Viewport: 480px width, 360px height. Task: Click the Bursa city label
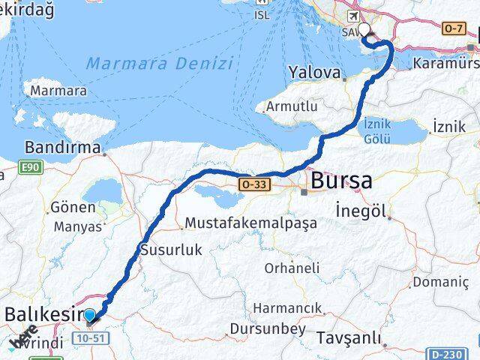(x=341, y=181)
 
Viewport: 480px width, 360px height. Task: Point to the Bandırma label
(x=63, y=147)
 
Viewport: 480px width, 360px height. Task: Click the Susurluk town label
(x=171, y=250)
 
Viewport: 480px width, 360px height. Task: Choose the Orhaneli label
(x=292, y=268)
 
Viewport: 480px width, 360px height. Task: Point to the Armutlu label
(x=294, y=106)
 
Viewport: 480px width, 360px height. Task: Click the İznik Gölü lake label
(x=377, y=130)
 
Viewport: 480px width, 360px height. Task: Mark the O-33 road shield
(x=253, y=184)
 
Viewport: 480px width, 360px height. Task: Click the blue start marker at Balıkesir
(x=90, y=316)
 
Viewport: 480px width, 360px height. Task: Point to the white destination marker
(x=364, y=30)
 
